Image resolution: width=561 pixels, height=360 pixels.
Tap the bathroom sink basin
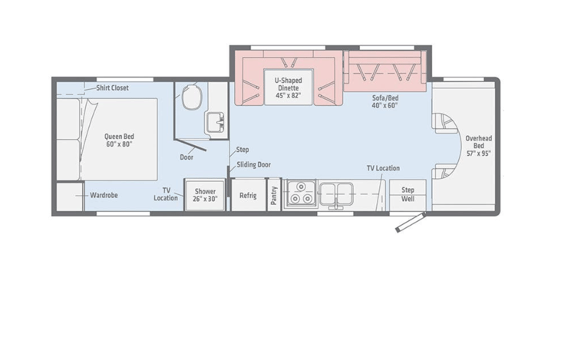(x=214, y=122)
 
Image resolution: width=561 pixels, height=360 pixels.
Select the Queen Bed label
(x=119, y=140)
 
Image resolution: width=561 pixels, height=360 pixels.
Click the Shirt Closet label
(x=112, y=88)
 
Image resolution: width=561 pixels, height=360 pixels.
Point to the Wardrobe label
(x=104, y=196)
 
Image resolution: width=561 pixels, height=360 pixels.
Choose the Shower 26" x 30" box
(x=206, y=195)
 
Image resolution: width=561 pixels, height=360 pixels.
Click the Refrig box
(x=249, y=195)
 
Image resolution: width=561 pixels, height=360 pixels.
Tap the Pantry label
(x=274, y=196)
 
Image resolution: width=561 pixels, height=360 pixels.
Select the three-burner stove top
(x=300, y=193)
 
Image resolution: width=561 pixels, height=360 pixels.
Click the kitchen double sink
(x=336, y=194)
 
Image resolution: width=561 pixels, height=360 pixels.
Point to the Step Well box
(x=408, y=195)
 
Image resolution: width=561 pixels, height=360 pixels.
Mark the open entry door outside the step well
(x=411, y=223)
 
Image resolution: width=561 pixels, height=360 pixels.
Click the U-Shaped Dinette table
(x=289, y=88)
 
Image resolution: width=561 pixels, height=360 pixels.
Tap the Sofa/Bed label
(x=385, y=101)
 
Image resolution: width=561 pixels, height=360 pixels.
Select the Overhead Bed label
(x=479, y=146)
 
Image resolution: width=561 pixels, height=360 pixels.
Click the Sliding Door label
(x=254, y=164)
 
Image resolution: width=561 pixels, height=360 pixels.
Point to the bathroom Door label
(x=186, y=157)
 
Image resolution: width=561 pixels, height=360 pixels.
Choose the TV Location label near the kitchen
(x=383, y=168)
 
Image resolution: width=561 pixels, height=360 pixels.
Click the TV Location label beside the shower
(x=166, y=194)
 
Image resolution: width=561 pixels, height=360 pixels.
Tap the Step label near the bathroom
(x=243, y=150)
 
